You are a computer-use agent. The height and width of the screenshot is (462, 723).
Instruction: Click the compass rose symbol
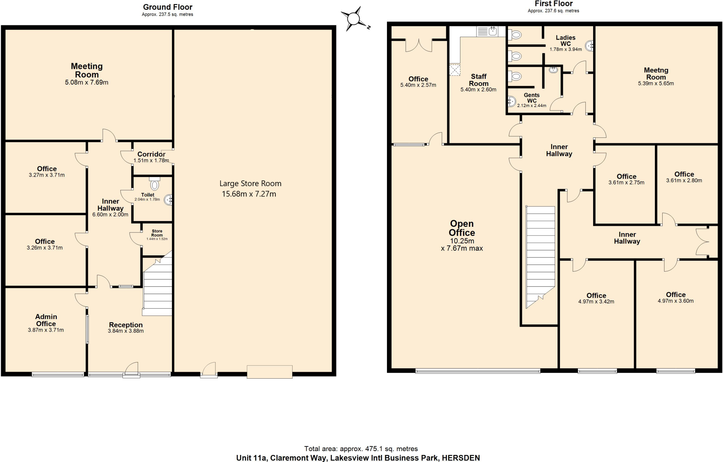pos(354,18)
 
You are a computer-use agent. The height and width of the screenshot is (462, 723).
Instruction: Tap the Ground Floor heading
pos(167,7)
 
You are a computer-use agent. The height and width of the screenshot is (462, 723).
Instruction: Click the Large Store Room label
pos(250,184)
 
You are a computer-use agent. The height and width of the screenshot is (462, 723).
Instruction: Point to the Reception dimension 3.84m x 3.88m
pos(126,331)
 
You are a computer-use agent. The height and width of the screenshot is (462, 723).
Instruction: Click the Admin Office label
pos(46,320)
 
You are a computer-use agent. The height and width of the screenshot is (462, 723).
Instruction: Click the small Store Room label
pos(157,233)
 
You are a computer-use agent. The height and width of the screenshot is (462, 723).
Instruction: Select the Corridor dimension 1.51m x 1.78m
pos(151,161)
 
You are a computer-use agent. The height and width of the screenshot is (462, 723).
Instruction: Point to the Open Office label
pos(462,228)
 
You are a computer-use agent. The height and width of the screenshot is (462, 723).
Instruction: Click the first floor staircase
pos(540,256)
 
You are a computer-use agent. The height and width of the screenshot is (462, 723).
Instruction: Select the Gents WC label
pos(532,98)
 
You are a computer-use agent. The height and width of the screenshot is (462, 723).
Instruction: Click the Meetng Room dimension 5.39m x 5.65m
pos(656,84)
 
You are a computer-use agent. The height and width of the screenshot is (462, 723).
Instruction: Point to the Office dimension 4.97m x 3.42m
pos(596,302)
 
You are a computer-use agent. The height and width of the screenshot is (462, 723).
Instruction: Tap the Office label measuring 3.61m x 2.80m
pos(684,174)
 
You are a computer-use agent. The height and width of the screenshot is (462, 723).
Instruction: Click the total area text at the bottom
pos(361,449)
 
